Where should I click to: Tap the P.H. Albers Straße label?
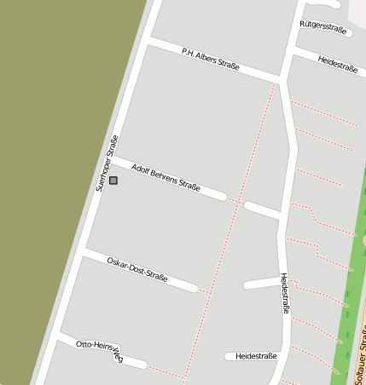[x=210, y=59]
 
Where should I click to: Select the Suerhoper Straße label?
[x=107, y=163]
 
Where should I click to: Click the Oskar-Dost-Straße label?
[x=137, y=268]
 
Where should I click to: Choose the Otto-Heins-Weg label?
[x=100, y=351]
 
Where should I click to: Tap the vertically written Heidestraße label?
[x=286, y=293]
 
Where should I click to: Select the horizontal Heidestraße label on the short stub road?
[x=257, y=356]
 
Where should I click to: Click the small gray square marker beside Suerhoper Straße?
[x=113, y=181]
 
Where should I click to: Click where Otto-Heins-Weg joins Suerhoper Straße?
[x=58, y=338]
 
